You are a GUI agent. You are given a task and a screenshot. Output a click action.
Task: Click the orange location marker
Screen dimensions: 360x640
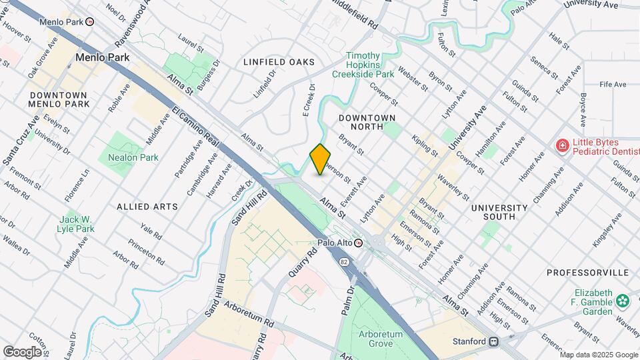coord(321,159)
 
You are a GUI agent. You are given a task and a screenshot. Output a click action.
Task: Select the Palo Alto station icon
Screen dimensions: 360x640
coord(358,243)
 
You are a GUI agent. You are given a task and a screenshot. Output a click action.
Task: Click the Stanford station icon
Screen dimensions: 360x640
coord(494,341)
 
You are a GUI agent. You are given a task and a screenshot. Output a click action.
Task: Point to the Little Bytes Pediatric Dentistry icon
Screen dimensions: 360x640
coord(562,146)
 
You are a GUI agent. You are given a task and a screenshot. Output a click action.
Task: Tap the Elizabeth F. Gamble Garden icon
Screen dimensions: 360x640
coord(623,301)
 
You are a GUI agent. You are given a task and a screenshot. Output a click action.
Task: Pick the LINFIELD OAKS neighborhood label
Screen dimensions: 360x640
coord(279,62)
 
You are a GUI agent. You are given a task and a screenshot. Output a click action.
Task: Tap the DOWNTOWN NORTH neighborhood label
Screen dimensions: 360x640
coord(367,122)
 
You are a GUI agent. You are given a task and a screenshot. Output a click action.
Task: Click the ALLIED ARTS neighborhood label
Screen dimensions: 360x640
coord(147,207)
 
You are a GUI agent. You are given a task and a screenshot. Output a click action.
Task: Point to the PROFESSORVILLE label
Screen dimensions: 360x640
coord(587,273)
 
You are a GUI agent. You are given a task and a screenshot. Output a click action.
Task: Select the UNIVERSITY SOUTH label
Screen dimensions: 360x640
coord(502,212)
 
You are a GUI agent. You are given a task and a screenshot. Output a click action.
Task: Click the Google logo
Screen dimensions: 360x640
coord(22,351)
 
